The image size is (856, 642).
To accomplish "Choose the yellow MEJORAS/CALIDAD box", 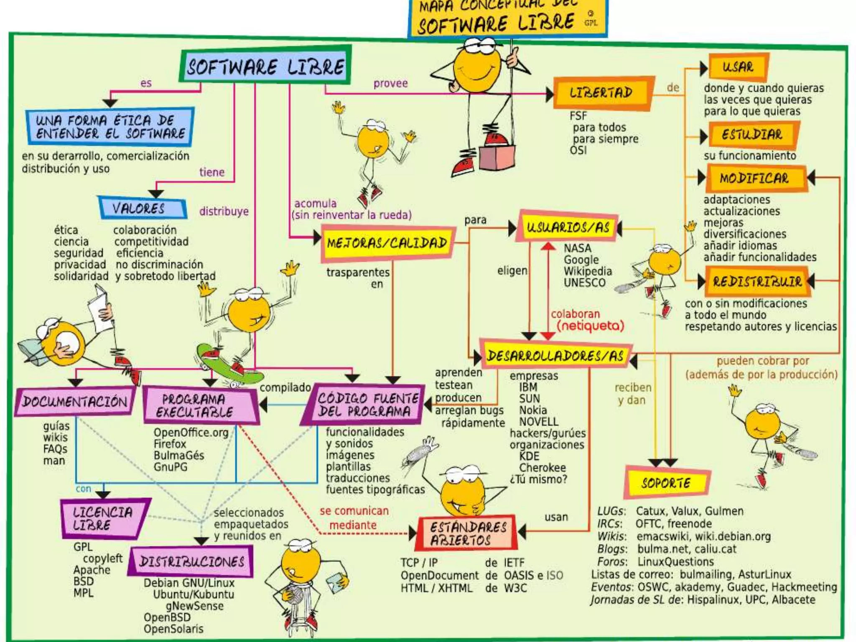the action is point(387,243).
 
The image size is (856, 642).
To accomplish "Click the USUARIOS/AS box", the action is point(568,228).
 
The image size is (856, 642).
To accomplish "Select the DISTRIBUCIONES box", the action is point(191,561).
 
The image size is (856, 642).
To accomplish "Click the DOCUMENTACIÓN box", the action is point(75,402).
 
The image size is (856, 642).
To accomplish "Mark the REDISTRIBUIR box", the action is point(757,281).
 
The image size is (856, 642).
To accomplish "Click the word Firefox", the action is point(170,444).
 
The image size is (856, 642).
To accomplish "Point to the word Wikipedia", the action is point(588,271).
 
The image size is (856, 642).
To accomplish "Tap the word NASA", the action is point(577,248).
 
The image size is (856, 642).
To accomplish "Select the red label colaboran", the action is point(575,314).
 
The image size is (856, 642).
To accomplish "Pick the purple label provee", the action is point(390,84).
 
